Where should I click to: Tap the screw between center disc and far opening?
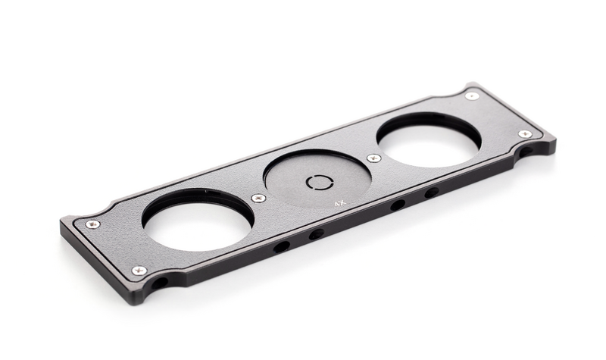pos(373,158)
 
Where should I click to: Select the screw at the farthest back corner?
pos(471,95)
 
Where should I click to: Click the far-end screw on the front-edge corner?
pos(524,133)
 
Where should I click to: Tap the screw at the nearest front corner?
pos(139,270)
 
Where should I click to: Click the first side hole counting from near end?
pos(281,246)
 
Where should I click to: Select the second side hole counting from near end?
pos(317,234)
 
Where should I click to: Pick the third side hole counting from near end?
pos(397,205)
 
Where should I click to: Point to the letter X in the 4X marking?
pos(342,203)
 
